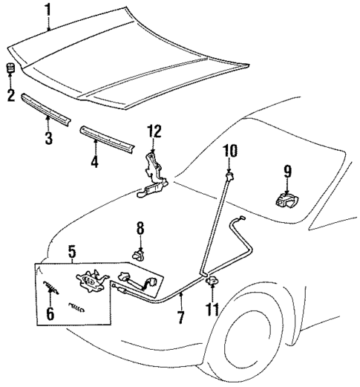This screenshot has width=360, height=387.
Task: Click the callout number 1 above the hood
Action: (x=49, y=10)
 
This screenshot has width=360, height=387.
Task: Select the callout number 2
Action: (x=10, y=95)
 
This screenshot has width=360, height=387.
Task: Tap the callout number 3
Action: (x=49, y=138)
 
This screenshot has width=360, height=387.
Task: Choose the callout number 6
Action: (x=51, y=314)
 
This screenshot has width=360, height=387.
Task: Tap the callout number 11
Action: (x=212, y=306)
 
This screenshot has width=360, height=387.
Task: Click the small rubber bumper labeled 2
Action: (x=10, y=70)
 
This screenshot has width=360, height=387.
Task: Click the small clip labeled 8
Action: (x=138, y=253)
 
